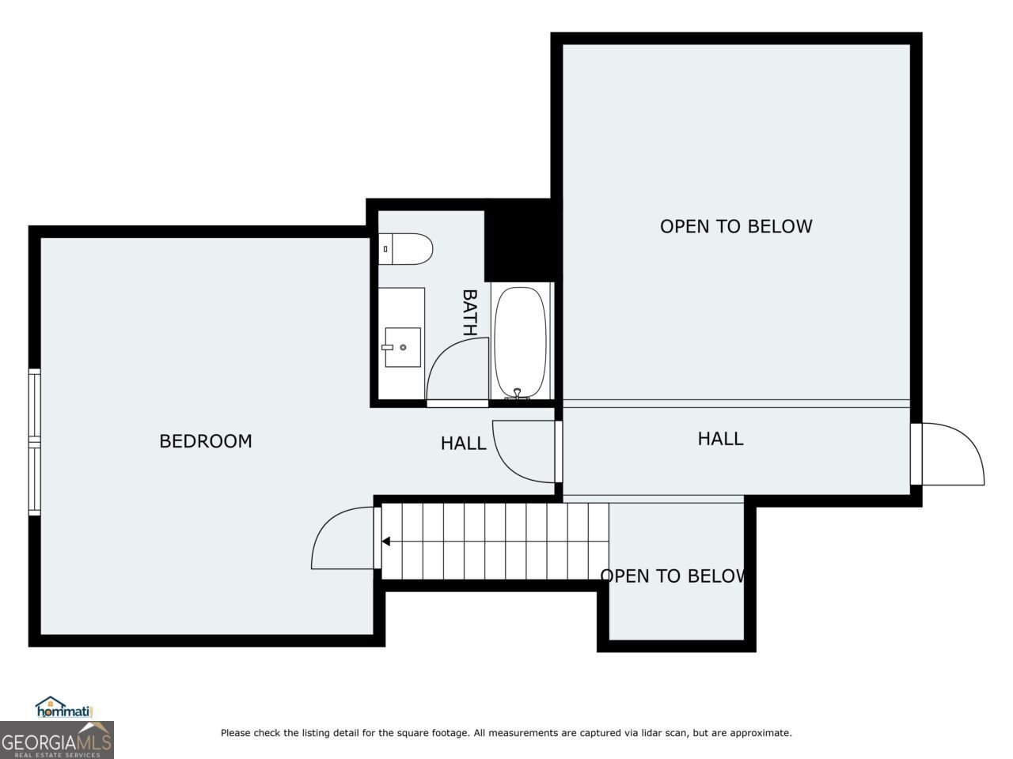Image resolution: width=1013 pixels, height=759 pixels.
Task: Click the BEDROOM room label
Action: [x=206, y=441]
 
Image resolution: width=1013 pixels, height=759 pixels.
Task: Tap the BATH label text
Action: [x=469, y=312]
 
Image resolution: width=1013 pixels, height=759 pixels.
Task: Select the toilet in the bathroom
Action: [x=406, y=249]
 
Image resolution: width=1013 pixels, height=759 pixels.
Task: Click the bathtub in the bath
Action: [x=520, y=342]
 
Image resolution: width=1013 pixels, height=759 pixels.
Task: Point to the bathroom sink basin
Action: [x=403, y=347]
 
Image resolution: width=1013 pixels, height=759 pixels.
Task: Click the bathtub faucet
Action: [x=518, y=394]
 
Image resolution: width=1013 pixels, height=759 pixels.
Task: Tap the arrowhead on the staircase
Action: [x=386, y=541]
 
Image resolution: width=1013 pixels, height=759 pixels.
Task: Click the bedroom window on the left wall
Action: [x=35, y=441]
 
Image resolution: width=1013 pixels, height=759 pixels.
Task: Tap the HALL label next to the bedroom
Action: [x=463, y=444]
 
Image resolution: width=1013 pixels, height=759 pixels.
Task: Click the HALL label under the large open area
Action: [x=720, y=439]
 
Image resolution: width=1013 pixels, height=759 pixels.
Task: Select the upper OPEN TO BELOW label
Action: [x=736, y=226]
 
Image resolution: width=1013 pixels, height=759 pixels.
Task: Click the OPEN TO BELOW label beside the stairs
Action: [x=673, y=576]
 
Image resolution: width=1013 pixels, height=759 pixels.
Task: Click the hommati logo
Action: [x=64, y=707]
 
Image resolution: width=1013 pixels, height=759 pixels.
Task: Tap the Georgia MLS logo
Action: [x=57, y=740]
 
